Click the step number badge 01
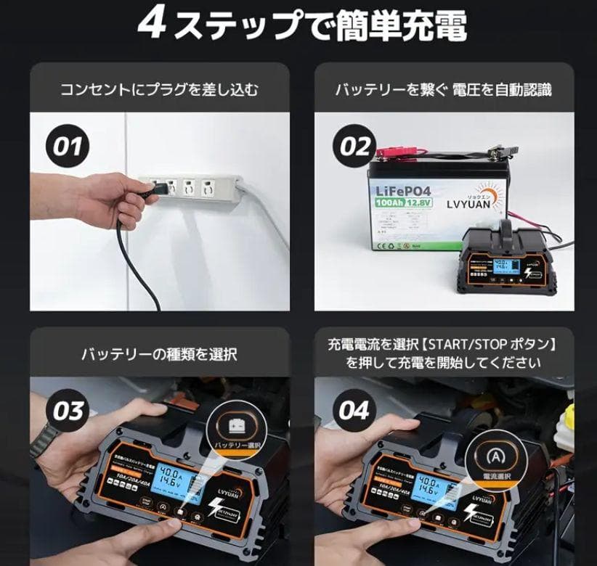tap(68, 147)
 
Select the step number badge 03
tap(70, 411)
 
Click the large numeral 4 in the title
tap(153, 25)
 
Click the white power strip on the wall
tap(189, 191)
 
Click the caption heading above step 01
tap(159, 90)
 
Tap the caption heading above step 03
tap(159, 354)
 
